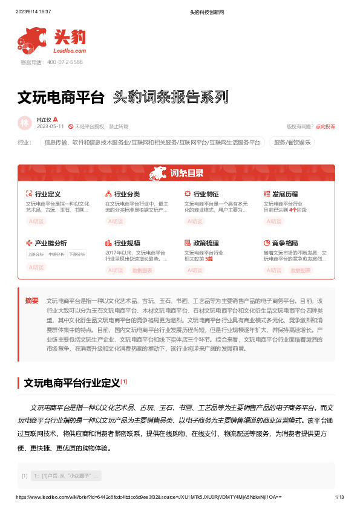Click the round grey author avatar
click(25, 123)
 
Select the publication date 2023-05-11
click(50, 126)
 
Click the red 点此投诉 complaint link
click(326, 126)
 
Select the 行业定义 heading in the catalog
click(47, 194)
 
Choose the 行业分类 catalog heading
click(126, 194)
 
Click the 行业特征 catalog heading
click(206, 194)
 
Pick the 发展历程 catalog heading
click(284, 194)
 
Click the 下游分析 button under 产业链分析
click(77, 254)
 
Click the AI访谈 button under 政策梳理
click(195, 270)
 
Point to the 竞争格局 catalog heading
click(284, 243)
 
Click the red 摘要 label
click(31, 300)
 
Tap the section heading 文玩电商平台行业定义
click(71, 383)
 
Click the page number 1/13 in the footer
click(339, 496)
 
